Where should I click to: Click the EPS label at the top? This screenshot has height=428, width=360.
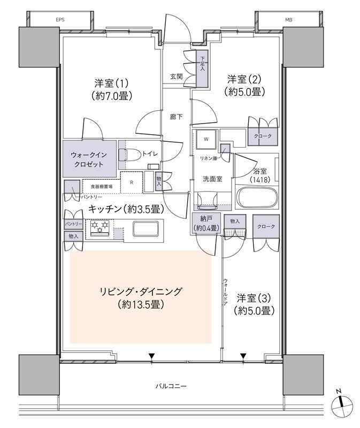pyautogui.click(x=59, y=20)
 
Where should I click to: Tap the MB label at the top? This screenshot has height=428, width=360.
pyautogui.click(x=288, y=20)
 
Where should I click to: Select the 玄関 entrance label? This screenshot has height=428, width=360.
pyautogui.click(x=177, y=77)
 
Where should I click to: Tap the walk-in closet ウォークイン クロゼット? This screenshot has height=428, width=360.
pyautogui.click(x=90, y=159)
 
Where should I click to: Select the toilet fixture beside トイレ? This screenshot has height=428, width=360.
pyautogui.click(x=133, y=154)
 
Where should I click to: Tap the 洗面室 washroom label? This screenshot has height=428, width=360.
pyautogui.click(x=212, y=179)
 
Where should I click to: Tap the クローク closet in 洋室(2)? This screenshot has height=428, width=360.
pyautogui.click(x=264, y=136)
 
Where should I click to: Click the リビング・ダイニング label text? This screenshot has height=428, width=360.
pyautogui.click(x=141, y=292)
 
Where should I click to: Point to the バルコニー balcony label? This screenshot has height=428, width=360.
pyautogui.click(x=171, y=386)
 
